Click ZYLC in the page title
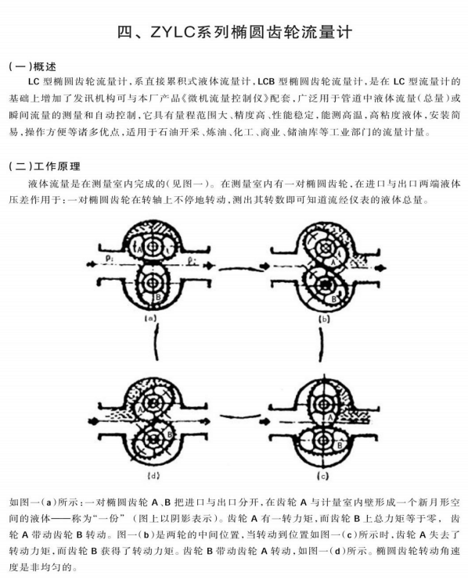tap(172, 32)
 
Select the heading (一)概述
tap(33, 66)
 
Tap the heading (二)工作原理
tap(45, 166)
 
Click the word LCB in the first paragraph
tap(266, 81)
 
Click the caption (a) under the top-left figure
tap(150, 318)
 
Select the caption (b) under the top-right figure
tap(324, 319)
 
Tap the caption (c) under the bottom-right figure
tap(323, 477)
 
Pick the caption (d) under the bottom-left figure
tap(153, 476)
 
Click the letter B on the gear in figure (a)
tap(158, 296)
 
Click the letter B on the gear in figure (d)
tap(170, 434)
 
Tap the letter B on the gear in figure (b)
tap(333, 298)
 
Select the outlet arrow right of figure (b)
tap(380, 267)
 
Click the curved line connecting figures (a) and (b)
tap(242, 269)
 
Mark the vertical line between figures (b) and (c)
tap(321, 344)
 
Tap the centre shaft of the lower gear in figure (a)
tap(151, 283)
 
